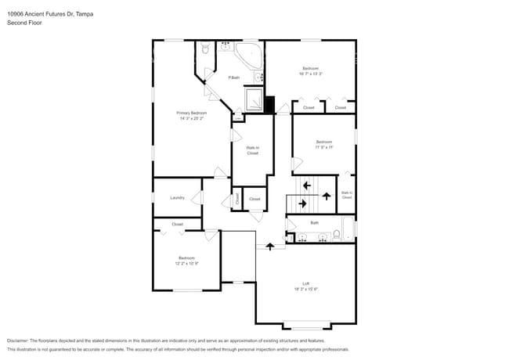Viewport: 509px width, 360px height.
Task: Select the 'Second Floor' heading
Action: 24,23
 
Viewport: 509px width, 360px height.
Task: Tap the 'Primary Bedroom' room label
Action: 191,113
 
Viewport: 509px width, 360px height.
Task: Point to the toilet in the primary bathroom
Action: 204,50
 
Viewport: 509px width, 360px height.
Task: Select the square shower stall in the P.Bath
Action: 254,99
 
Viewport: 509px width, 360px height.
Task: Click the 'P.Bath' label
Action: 233,77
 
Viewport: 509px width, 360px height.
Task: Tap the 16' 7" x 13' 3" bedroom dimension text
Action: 310,74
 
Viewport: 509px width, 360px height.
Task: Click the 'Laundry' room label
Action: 177,197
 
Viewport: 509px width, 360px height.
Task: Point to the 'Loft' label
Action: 306,283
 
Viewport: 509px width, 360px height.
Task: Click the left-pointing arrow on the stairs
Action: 305,185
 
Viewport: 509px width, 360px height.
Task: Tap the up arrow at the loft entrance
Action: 271,246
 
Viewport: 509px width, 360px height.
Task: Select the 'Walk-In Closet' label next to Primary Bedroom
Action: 252,150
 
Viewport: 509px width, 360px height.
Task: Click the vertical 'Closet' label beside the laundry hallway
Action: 237,199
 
